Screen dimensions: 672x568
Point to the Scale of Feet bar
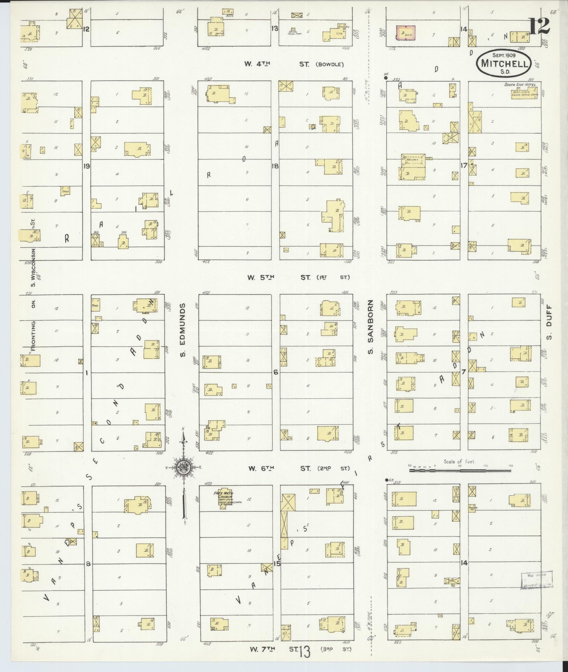coord(460,470)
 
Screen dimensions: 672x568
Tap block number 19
coord(86,166)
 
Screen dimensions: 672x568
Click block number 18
coord(275,166)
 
